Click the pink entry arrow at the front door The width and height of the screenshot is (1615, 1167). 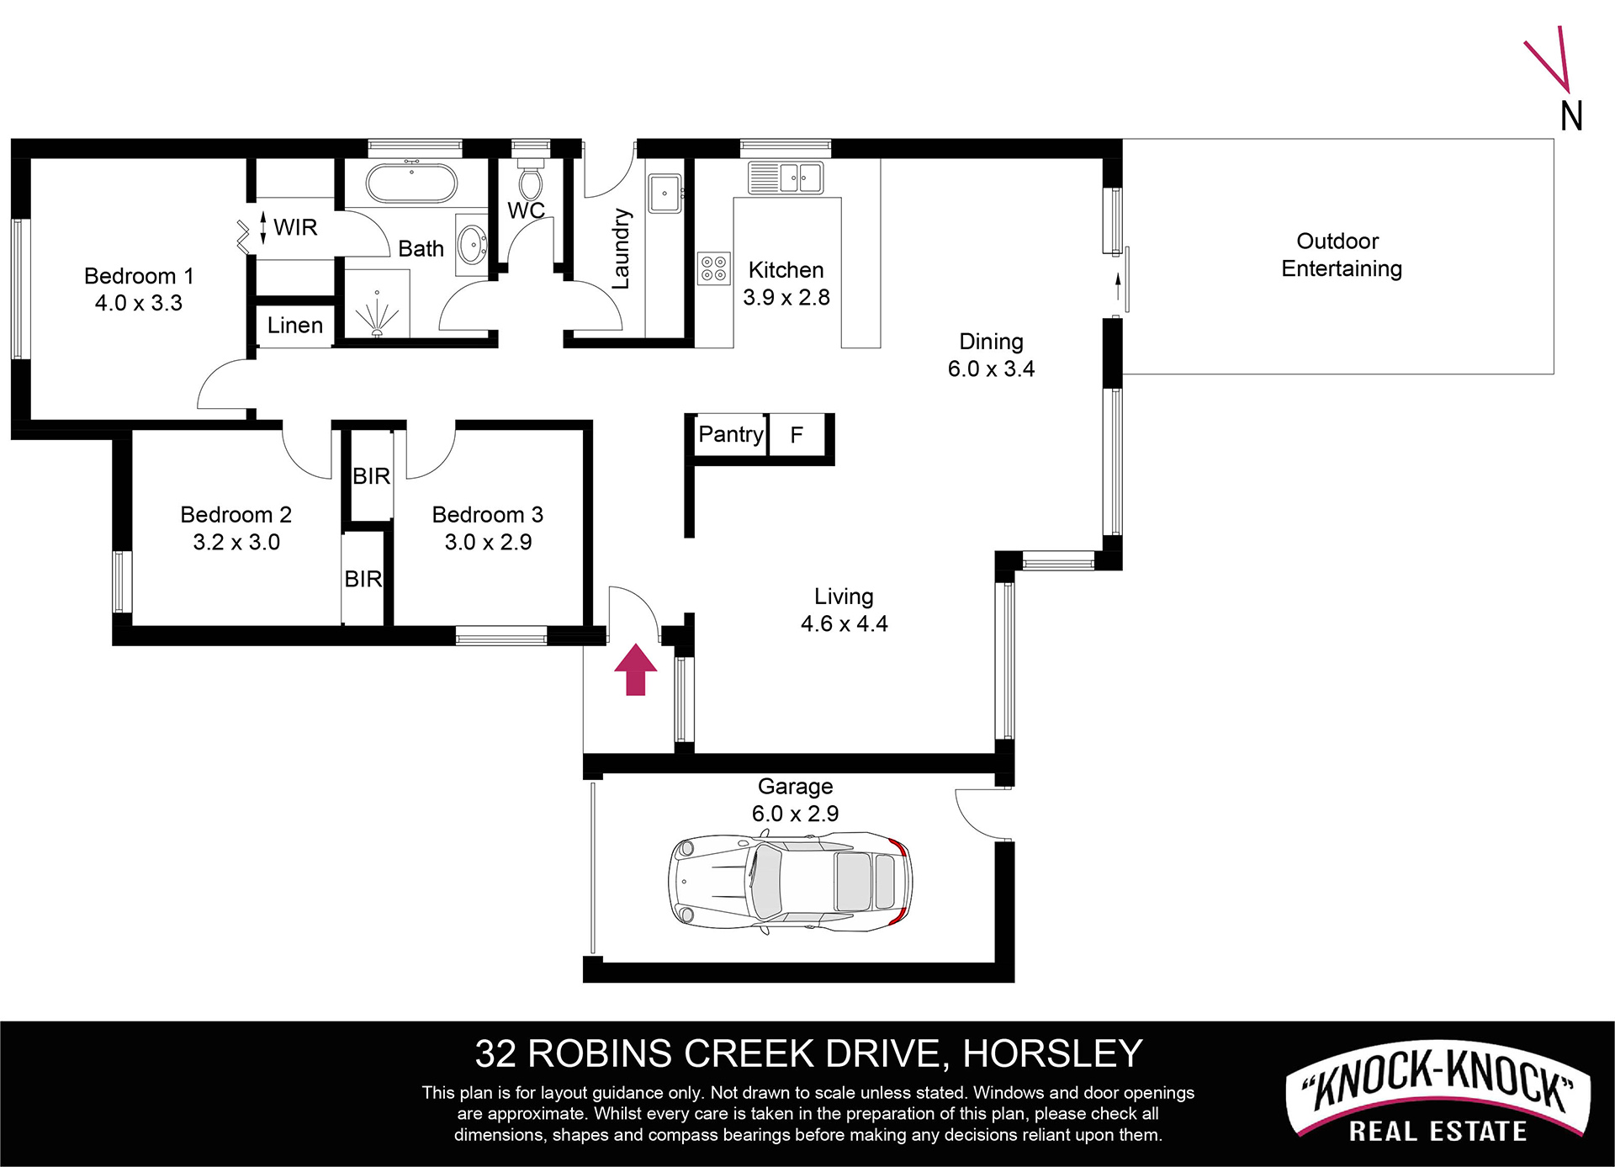tap(635, 670)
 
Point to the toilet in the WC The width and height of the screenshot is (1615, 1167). tap(530, 179)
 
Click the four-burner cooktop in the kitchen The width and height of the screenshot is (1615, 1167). tap(714, 269)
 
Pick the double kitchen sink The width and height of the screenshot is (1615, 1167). tap(786, 178)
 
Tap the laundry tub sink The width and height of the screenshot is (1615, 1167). tap(665, 194)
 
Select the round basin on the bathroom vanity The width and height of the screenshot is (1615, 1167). tap(472, 245)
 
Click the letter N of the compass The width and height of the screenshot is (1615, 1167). tap(1571, 116)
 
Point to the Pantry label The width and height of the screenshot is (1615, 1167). tap(730, 434)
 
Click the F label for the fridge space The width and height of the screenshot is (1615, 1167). tap(797, 435)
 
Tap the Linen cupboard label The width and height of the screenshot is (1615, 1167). tap(295, 326)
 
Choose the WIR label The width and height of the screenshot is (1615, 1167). tap(295, 227)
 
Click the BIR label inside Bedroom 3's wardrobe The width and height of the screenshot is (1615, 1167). tap(372, 476)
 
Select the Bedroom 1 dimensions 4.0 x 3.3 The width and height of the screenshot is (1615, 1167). tap(139, 303)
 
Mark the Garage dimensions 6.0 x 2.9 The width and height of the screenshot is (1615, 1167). tap(795, 814)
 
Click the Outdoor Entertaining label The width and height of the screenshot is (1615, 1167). tap(1342, 255)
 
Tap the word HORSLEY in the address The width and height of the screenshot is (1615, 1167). tap(1052, 1053)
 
